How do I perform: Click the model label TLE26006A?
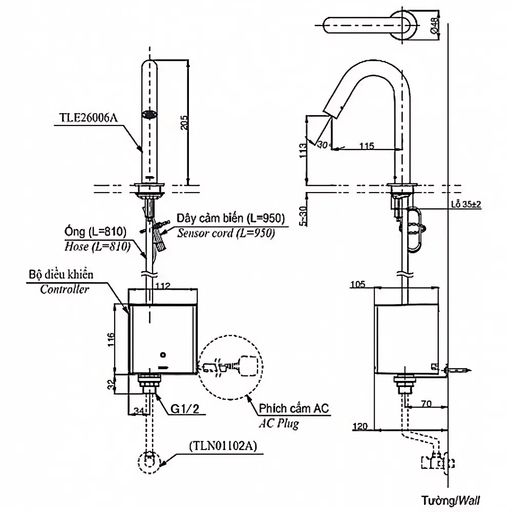pyautogui.click(x=88, y=118)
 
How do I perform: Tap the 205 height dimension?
pyautogui.click(x=184, y=122)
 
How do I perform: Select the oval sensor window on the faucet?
pyautogui.click(x=150, y=115)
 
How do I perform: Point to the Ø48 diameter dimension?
pyautogui.click(x=435, y=26)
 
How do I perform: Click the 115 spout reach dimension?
pyautogui.click(x=367, y=145)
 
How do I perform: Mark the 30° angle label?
pyautogui.click(x=324, y=144)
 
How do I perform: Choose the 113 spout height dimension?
pyautogui.click(x=303, y=151)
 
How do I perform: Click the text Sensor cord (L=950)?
pyautogui.click(x=226, y=233)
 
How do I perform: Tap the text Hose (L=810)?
pyautogui.click(x=97, y=246)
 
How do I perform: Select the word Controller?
pyautogui.click(x=65, y=289)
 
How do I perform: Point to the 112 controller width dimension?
pyautogui.click(x=163, y=286)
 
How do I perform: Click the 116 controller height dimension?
pyautogui.click(x=111, y=339)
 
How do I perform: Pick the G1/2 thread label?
pyautogui.click(x=184, y=409)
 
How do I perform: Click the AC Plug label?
pyautogui.click(x=279, y=423)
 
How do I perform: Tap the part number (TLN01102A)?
pyautogui.click(x=223, y=446)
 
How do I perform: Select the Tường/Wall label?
pyautogui.click(x=451, y=500)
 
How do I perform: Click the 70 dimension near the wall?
pyautogui.click(x=426, y=403)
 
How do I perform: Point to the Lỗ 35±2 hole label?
pyautogui.click(x=466, y=204)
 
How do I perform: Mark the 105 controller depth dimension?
pyautogui.click(x=357, y=284)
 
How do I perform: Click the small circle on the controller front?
pyautogui.click(x=163, y=355)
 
